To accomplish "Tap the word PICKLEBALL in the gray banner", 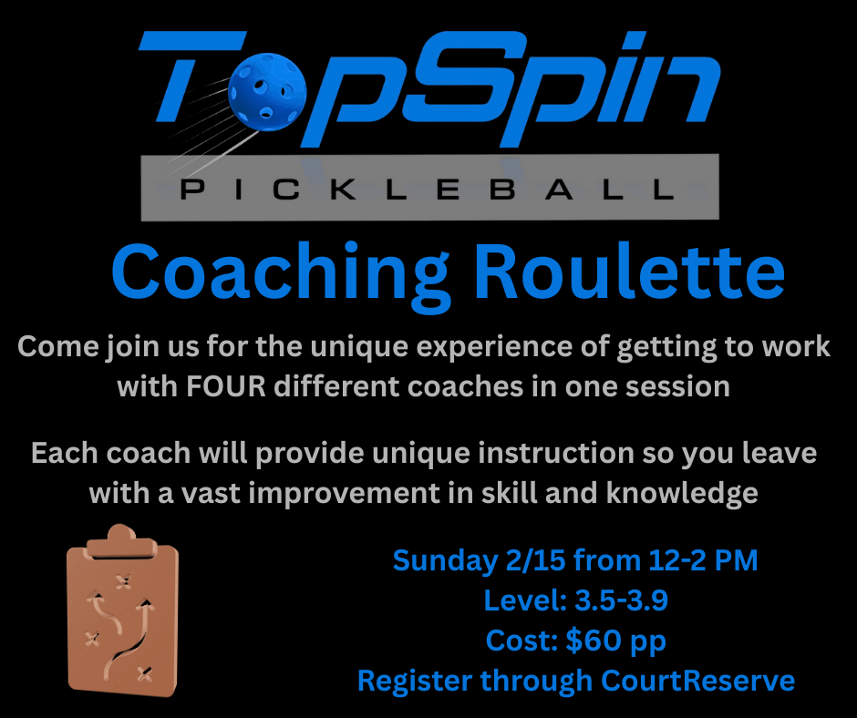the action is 428,190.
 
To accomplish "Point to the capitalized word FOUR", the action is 226,386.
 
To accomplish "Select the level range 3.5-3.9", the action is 622,600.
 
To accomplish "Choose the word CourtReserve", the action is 698,681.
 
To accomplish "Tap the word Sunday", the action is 445,561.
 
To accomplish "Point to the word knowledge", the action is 682,494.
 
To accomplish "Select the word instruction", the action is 556,453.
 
